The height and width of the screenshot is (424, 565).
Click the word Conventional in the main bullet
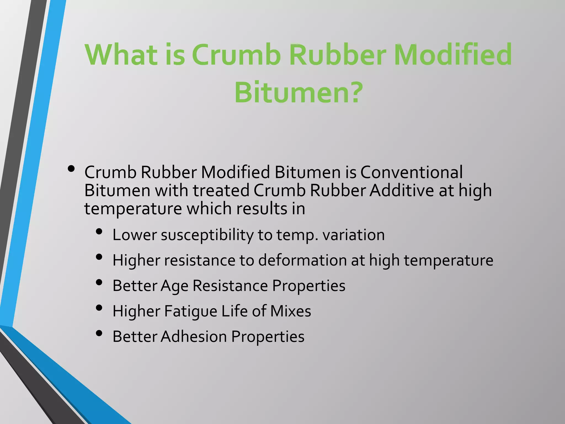coord(411,172)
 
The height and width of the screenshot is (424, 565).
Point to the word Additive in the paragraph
coord(402,190)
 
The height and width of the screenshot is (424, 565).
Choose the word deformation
coord(302,260)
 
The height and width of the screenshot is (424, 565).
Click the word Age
coord(174,286)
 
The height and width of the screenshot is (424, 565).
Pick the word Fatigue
coord(191,311)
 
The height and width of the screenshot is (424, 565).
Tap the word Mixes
coord(291,311)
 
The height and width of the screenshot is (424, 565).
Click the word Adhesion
coord(194,336)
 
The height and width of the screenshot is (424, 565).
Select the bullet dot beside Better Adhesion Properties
coord(99,333)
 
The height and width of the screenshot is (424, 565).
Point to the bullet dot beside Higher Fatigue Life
coord(99,308)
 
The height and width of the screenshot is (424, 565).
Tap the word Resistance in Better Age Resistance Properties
coord(230,286)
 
